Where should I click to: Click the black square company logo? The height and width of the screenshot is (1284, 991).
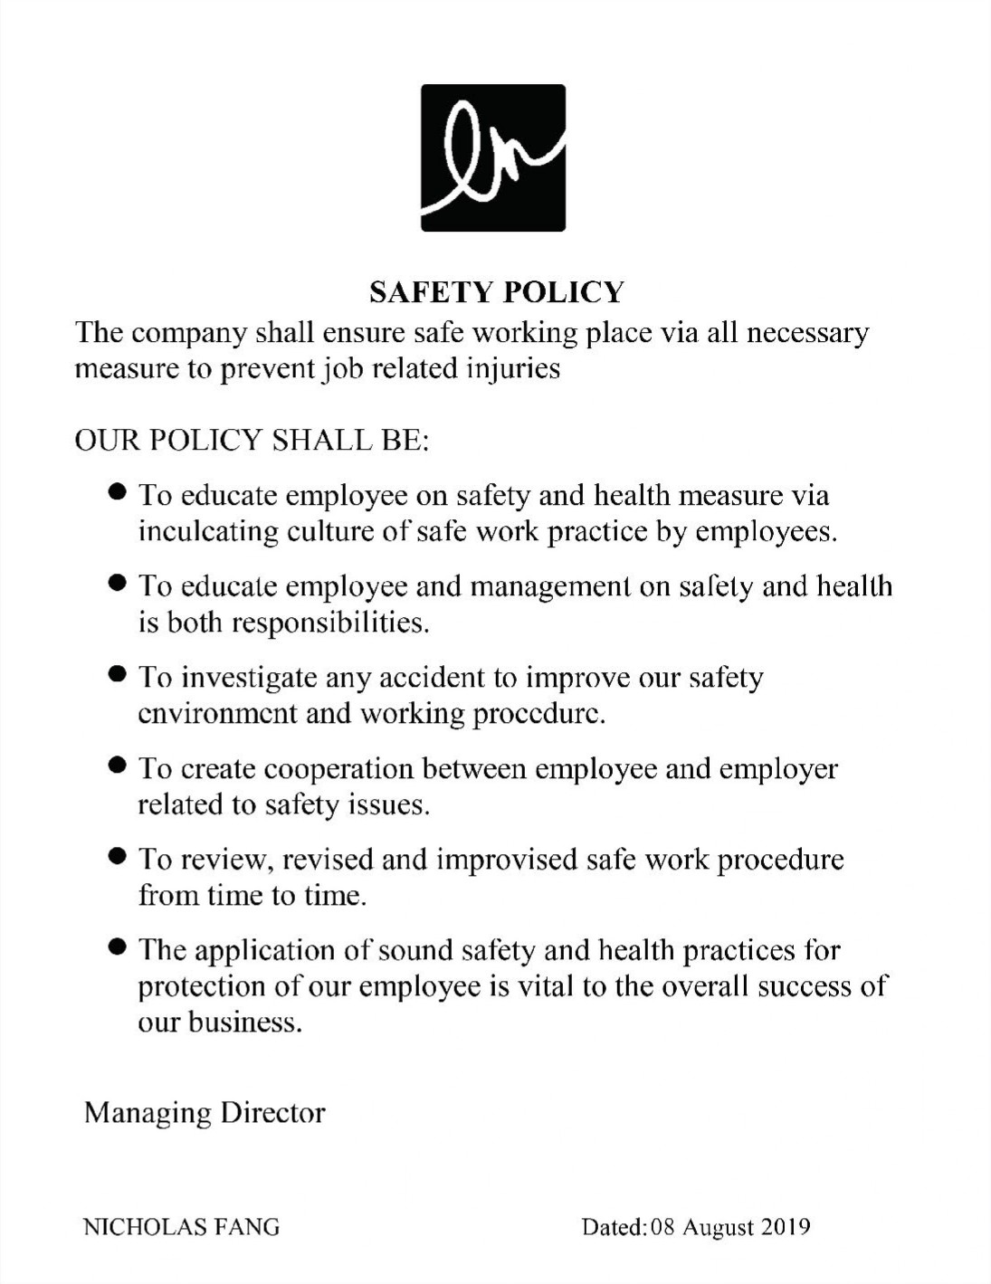click(x=493, y=157)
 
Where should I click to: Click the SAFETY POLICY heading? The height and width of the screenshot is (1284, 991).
click(x=496, y=292)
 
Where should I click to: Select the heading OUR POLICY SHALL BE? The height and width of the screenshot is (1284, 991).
click(x=251, y=441)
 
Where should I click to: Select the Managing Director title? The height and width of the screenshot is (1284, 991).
click(x=205, y=1112)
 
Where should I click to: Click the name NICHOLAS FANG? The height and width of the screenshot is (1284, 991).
click(x=181, y=1227)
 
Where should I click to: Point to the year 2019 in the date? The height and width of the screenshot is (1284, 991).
click(x=785, y=1227)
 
